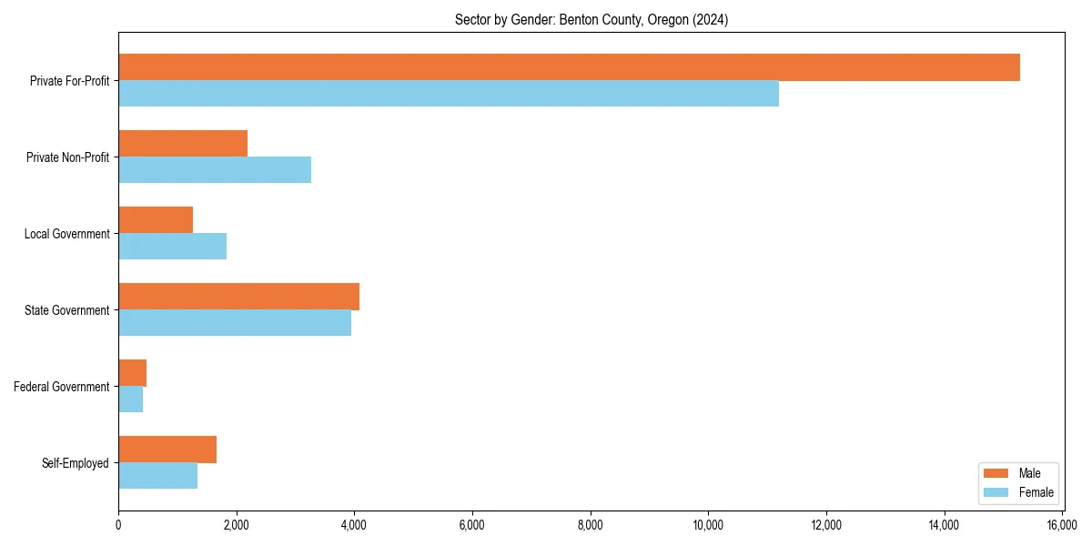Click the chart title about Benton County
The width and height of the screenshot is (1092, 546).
pos(591,19)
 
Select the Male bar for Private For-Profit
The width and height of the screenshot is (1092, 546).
pos(569,67)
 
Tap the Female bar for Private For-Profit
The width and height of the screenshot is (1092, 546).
pos(449,94)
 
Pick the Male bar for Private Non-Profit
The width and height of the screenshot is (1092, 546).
pos(183,144)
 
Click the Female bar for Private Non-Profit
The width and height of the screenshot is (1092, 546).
pos(215,170)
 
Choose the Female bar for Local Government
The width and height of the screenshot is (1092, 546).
pos(172,247)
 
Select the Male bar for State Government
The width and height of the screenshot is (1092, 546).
pos(238,297)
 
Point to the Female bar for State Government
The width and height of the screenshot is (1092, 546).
pos(235,323)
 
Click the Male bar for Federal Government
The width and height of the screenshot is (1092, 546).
pos(132,373)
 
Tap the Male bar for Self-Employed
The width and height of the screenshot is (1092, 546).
pos(167,450)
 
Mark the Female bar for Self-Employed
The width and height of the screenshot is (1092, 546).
pos(157,476)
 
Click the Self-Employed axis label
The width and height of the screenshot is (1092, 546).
pos(75,463)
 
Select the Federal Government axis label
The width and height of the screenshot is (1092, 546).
pos(62,387)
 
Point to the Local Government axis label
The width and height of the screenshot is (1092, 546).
pos(66,234)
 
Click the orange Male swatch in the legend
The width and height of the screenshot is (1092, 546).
pos(996,473)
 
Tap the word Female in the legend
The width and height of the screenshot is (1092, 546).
pos(1036,492)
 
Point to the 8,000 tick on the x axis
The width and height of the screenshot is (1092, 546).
pos(591,525)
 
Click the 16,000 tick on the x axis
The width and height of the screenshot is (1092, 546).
pos(1062,525)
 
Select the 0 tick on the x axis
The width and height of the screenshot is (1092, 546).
pos(118,525)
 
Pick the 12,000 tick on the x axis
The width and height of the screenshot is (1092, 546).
pos(826,525)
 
